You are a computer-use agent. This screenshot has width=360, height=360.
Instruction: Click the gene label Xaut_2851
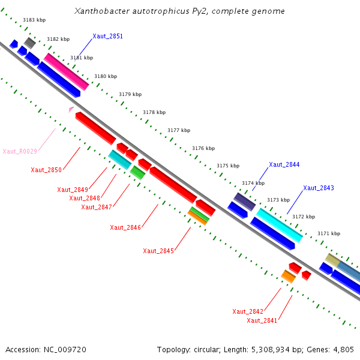point(107,36)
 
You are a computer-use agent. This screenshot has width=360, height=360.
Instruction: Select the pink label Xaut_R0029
point(20,151)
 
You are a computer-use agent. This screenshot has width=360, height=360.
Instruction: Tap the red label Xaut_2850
point(46,170)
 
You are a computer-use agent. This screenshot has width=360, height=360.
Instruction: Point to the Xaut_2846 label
point(125,227)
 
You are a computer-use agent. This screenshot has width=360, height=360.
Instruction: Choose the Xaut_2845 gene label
point(158,251)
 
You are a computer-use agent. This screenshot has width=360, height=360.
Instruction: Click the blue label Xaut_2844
point(284,164)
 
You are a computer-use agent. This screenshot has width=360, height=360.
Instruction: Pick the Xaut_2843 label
point(319,188)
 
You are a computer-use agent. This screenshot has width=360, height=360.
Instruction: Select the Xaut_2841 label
point(262,320)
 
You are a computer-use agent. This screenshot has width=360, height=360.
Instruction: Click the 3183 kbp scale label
point(34,20)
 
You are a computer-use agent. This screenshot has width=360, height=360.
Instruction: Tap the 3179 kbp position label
point(130,94)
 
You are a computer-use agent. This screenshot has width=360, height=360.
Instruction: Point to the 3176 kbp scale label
point(203,148)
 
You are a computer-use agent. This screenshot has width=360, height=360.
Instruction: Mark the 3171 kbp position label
point(329,233)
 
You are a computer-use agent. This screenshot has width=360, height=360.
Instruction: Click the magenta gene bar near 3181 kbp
point(67,72)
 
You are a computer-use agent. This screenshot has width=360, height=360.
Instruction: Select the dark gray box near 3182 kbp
point(30,43)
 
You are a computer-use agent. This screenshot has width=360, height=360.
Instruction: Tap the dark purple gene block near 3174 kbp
point(245,202)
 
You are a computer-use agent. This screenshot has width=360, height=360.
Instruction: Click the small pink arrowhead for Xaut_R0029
point(71,110)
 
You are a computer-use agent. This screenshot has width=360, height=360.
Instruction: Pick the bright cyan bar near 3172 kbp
point(280,225)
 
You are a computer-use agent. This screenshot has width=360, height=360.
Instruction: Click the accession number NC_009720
point(65,350)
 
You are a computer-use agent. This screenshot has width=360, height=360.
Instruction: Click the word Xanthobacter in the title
point(102,11)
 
